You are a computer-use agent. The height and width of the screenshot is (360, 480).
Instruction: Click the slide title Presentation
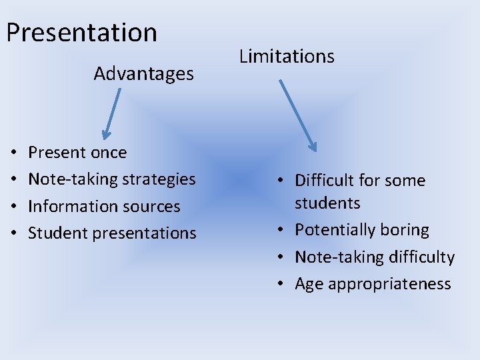82,32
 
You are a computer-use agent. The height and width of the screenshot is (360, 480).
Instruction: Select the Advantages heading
143,73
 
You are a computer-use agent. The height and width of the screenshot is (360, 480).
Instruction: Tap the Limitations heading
287,56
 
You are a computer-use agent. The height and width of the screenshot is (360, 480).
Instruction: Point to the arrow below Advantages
111,114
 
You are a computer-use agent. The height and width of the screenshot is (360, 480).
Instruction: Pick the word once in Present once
109,153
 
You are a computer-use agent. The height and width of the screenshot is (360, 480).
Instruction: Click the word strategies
163,179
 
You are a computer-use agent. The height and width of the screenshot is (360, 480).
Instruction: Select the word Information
65,207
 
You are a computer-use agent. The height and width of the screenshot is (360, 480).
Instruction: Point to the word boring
407,230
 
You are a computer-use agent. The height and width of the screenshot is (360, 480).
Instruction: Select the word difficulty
423,257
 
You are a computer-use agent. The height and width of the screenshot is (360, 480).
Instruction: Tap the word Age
309,284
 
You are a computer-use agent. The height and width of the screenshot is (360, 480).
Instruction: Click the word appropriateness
389,285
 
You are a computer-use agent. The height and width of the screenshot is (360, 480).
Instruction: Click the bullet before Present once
15,153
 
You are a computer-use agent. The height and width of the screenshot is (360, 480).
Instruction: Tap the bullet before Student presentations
15,234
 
